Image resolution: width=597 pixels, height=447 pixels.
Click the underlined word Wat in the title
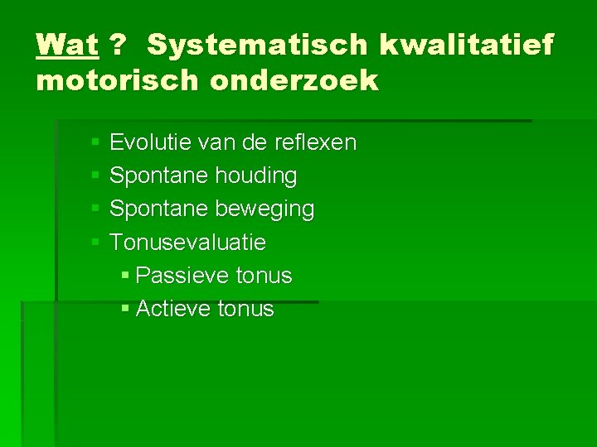pyautogui.click(x=67, y=45)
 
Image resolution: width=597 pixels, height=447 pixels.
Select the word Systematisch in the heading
pyautogui.click(x=256, y=45)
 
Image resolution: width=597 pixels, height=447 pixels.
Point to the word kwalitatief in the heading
pyautogui.click(x=465, y=45)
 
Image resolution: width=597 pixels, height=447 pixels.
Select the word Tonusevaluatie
pyautogui.click(x=187, y=242)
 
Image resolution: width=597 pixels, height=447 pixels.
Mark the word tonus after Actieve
pyautogui.click(x=245, y=308)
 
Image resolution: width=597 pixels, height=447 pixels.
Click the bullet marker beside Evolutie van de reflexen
pyautogui.click(x=95, y=143)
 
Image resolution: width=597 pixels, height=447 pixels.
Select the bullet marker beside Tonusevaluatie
pyautogui.click(x=95, y=243)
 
